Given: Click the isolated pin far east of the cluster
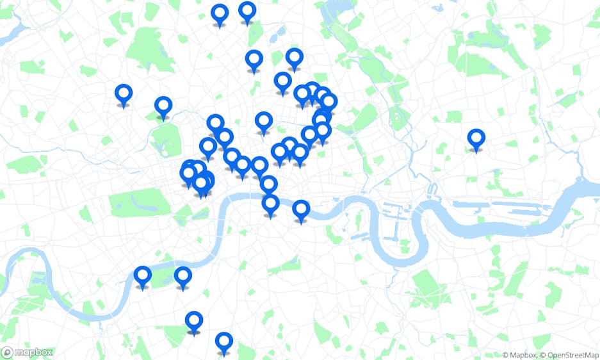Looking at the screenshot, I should [x=476, y=138].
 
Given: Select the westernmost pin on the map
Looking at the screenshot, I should [x=124, y=94].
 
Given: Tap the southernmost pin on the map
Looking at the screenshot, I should [x=223, y=341].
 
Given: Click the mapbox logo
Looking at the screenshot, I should [x=27, y=352].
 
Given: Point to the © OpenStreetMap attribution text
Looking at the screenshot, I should [x=569, y=355].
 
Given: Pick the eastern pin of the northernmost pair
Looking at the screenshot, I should [x=247, y=11].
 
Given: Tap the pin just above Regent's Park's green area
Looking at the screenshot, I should [x=163, y=106].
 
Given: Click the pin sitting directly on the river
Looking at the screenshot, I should [x=271, y=204].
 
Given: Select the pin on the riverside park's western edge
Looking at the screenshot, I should [x=142, y=276].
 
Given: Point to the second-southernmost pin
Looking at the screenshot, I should [x=194, y=320].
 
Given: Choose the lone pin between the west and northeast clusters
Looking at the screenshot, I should [x=264, y=121].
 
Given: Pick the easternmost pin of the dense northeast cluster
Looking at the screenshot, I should [x=328, y=102].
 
